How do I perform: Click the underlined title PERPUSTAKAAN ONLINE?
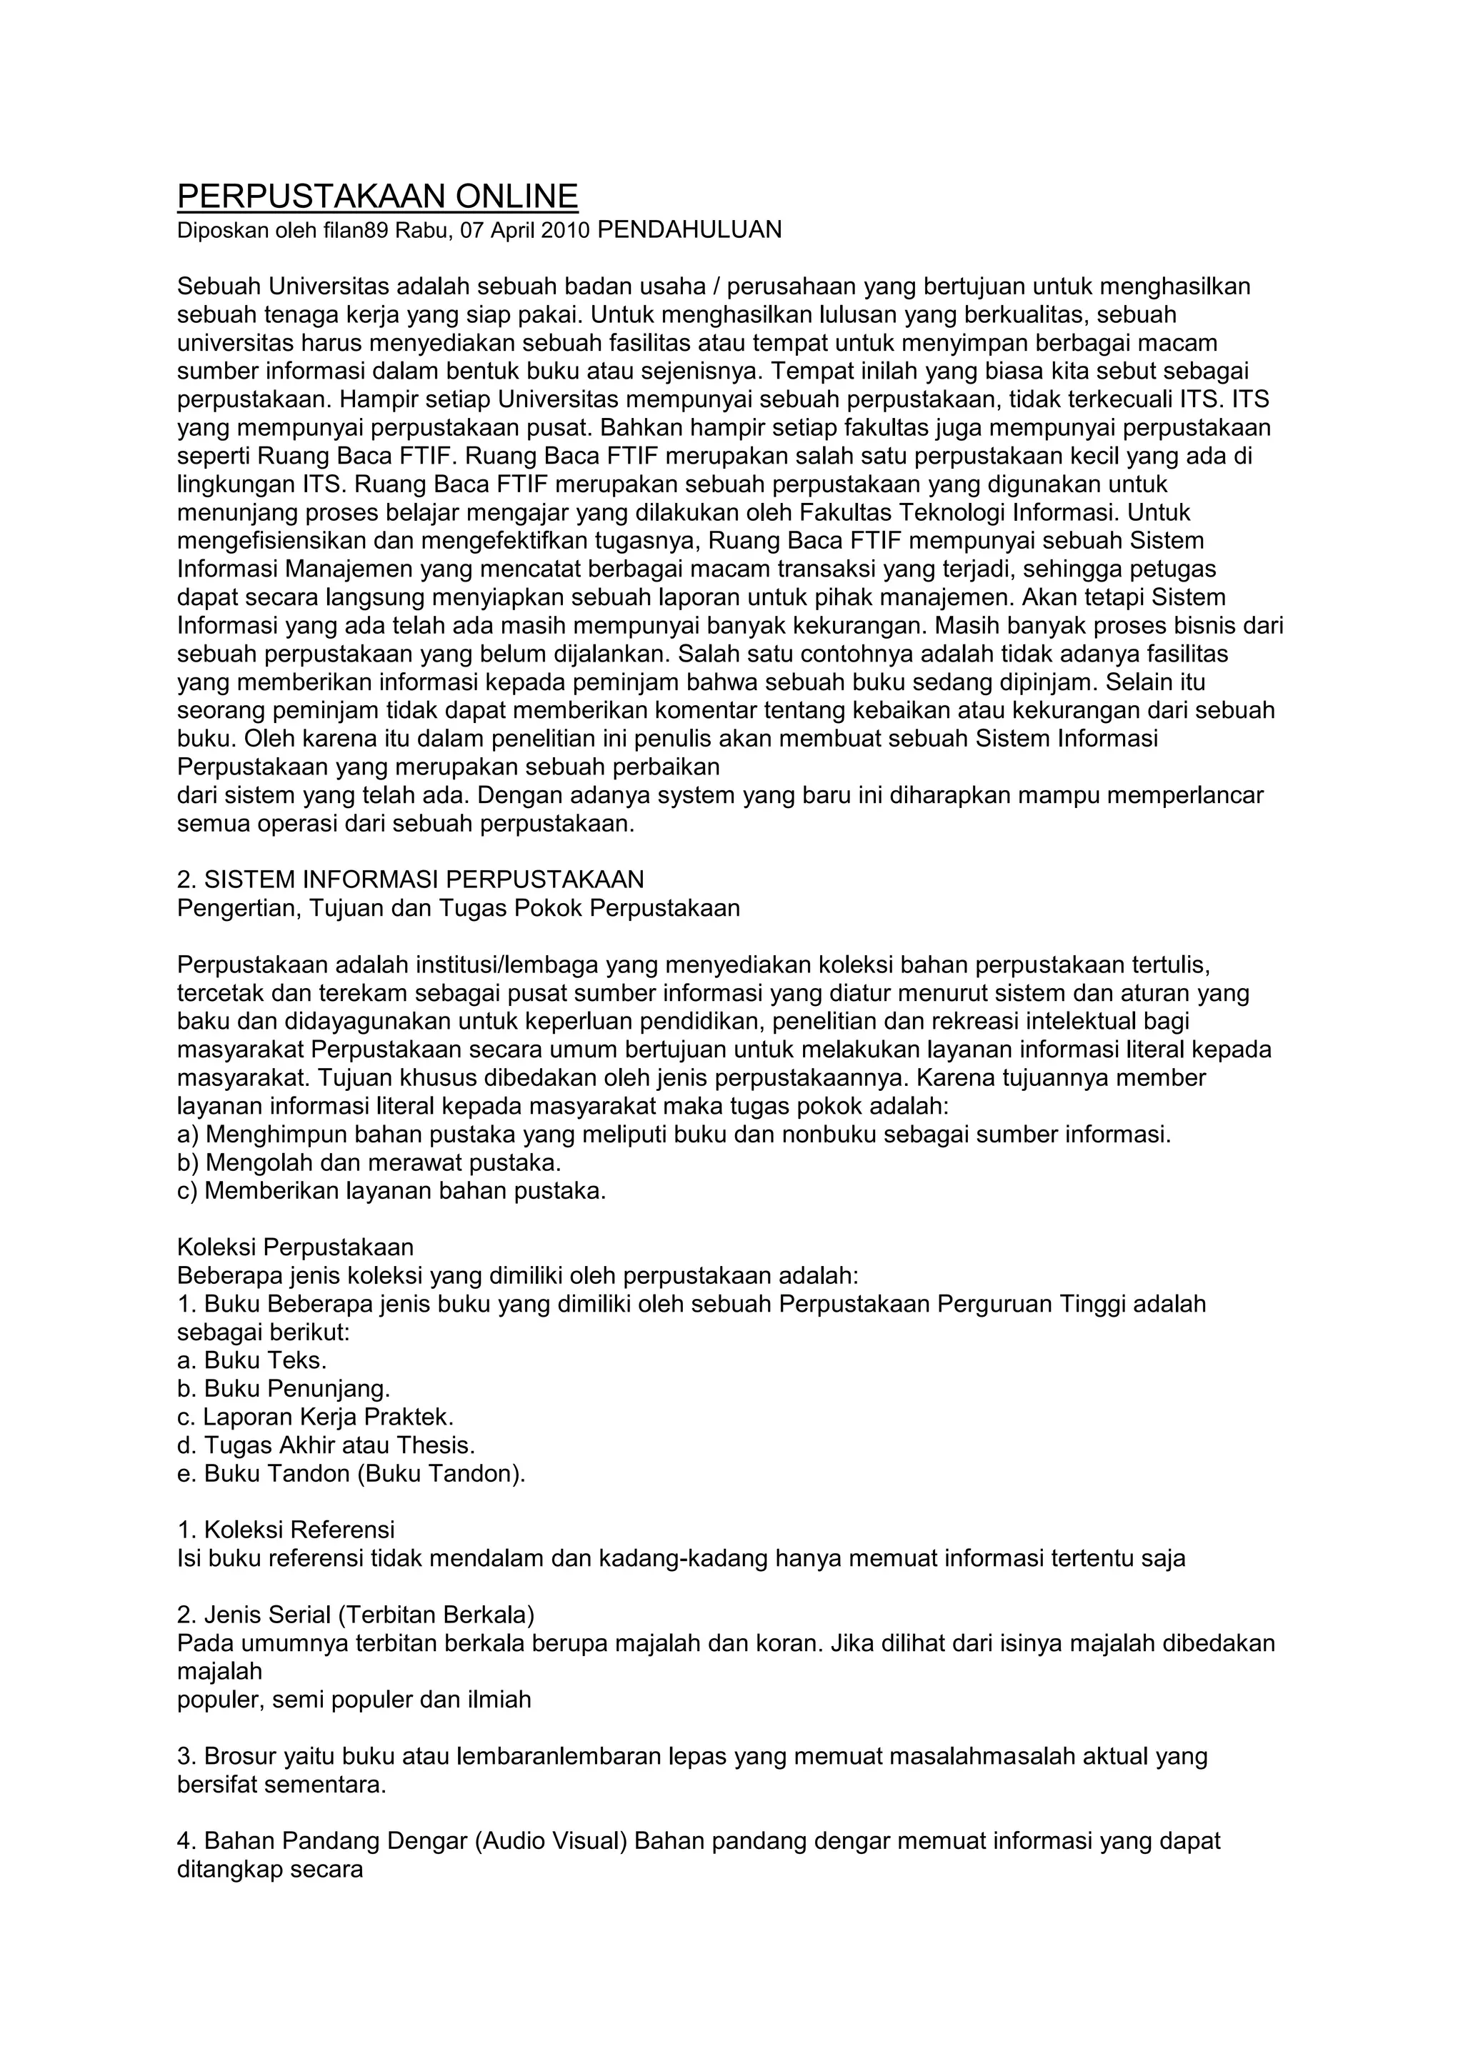tap(377, 196)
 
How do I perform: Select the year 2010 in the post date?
tap(565, 231)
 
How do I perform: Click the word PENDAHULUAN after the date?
tap(689, 230)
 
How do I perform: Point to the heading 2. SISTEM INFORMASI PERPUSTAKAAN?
tap(411, 879)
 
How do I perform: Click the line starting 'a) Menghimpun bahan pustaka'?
tap(674, 1135)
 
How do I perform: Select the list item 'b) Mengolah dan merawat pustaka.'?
tap(369, 1162)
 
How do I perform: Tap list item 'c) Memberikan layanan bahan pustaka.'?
tap(392, 1191)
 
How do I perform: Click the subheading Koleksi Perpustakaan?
tap(296, 1248)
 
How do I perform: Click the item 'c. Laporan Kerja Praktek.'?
tap(315, 1417)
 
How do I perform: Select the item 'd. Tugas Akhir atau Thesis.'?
tap(326, 1445)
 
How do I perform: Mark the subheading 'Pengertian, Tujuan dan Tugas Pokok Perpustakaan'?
tap(459, 908)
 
